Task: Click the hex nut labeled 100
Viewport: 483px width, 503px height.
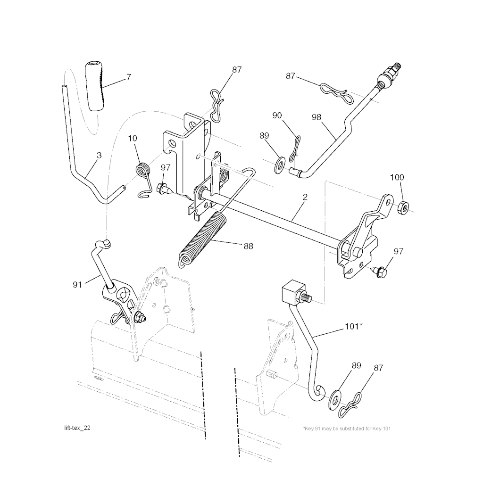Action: [x=403, y=208]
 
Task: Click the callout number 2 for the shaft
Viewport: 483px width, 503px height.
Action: [x=305, y=197]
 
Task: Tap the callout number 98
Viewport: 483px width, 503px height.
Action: [x=316, y=117]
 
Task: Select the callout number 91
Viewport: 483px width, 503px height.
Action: [x=77, y=285]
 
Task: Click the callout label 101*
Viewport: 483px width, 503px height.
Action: [x=354, y=327]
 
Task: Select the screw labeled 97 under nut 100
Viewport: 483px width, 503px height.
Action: [x=379, y=271]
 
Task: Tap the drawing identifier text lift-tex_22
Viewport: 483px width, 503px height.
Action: [x=77, y=428]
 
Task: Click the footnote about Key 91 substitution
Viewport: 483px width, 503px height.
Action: [x=347, y=429]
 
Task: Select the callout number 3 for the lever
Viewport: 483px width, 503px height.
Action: [x=99, y=155]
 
